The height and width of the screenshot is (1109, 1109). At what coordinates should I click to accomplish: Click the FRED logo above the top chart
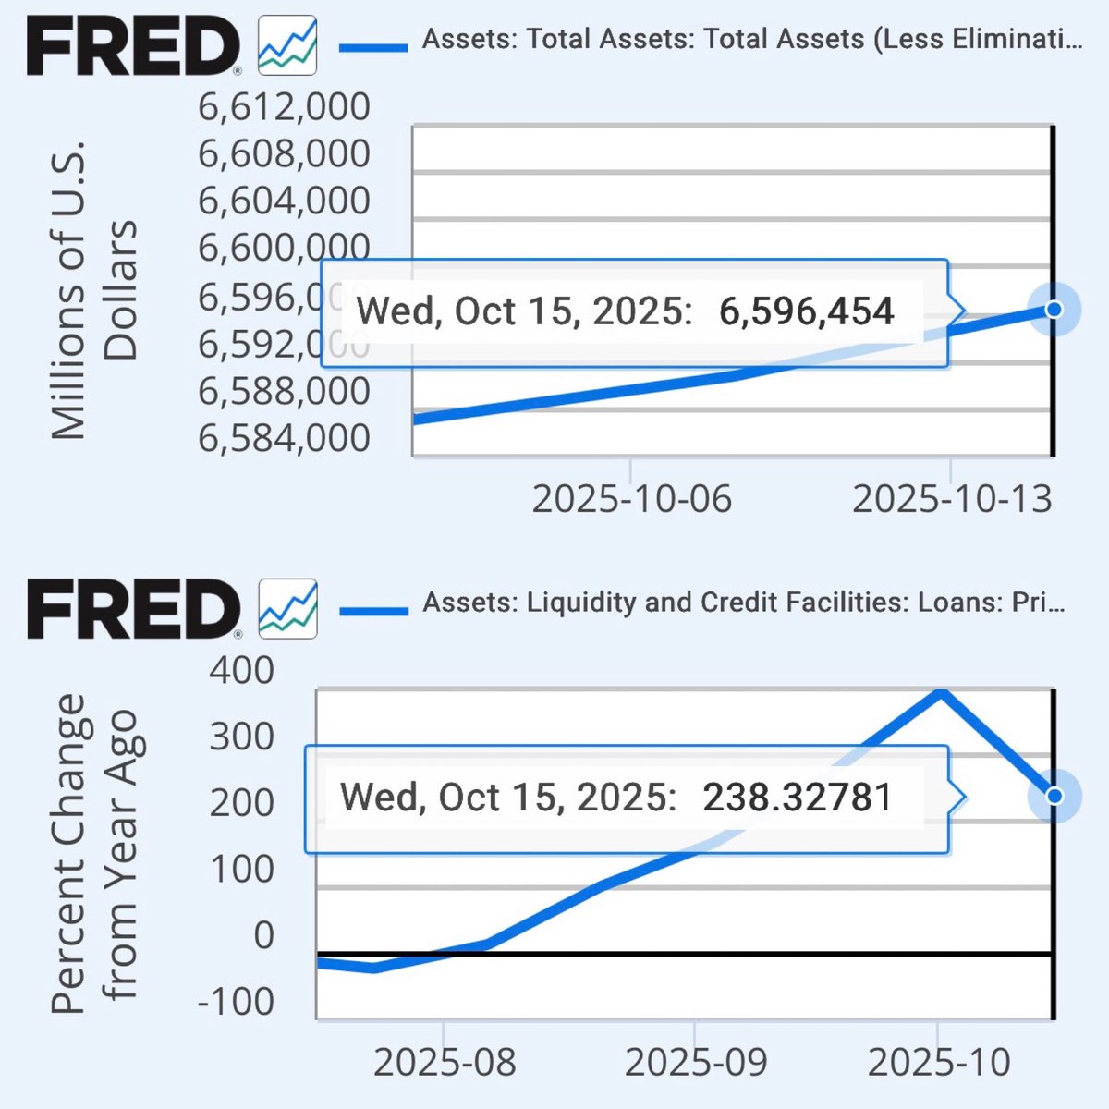pos(134,46)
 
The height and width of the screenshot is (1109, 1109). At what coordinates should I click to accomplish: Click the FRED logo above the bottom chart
pos(134,609)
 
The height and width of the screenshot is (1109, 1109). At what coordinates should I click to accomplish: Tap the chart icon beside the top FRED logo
pos(287,45)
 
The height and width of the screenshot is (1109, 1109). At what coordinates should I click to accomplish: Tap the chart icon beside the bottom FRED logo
pos(287,609)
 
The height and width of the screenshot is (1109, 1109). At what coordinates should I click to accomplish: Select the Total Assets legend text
pos(751,40)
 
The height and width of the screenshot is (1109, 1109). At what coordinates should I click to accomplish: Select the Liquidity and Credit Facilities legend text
pos(743,603)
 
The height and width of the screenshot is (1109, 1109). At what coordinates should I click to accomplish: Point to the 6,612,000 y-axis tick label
pos(284,107)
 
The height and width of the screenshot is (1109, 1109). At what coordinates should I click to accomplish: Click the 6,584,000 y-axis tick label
pos(284,438)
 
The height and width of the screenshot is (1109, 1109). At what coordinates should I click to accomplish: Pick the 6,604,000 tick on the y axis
pos(284,201)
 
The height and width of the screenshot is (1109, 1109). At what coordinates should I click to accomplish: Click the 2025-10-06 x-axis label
pos(631,499)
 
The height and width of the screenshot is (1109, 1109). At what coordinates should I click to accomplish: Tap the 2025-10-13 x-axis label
pos(952,499)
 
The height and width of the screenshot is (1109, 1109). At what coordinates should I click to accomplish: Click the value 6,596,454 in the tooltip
pos(806,311)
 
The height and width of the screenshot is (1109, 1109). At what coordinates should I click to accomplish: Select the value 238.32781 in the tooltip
pos(798,798)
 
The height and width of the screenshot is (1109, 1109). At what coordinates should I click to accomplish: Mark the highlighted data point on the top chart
pos(1054,309)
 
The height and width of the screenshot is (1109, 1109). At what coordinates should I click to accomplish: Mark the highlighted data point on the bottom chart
pos(1054,796)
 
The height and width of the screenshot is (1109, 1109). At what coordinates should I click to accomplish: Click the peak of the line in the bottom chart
pos(940,691)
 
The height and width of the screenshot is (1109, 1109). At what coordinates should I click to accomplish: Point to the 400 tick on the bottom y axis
pos(241,670)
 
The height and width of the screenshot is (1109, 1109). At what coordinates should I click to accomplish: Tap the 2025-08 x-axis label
pos(445,1063)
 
